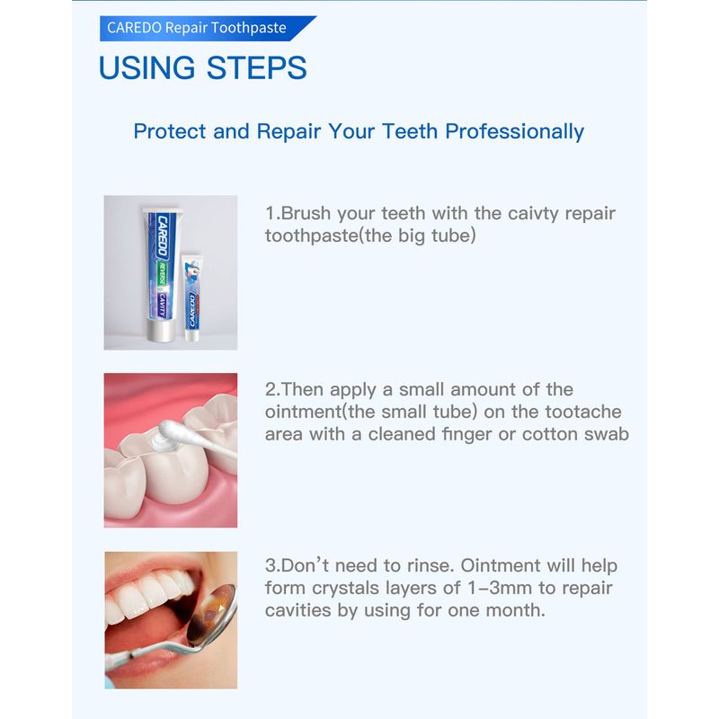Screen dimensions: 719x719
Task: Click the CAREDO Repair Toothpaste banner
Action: click(208, 29)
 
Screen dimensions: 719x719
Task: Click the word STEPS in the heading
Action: click(257, 68)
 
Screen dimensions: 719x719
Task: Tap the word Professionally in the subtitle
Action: click(514, 132)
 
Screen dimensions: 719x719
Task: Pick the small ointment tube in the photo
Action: click(192, 297)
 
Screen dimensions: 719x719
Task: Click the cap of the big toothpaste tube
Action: click(161, 330)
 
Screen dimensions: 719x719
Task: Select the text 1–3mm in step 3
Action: click(502, 588)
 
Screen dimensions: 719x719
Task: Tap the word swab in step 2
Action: click(606, 434)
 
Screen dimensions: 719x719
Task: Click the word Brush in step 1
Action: click(306, 213)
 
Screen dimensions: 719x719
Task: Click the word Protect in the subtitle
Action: click(170, 131)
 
